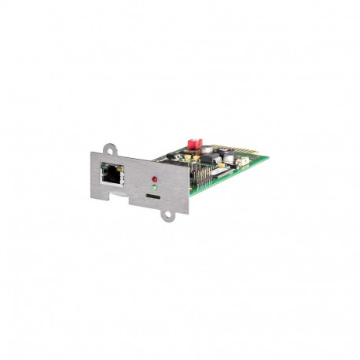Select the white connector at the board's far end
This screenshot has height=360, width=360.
(x=243, y=163)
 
